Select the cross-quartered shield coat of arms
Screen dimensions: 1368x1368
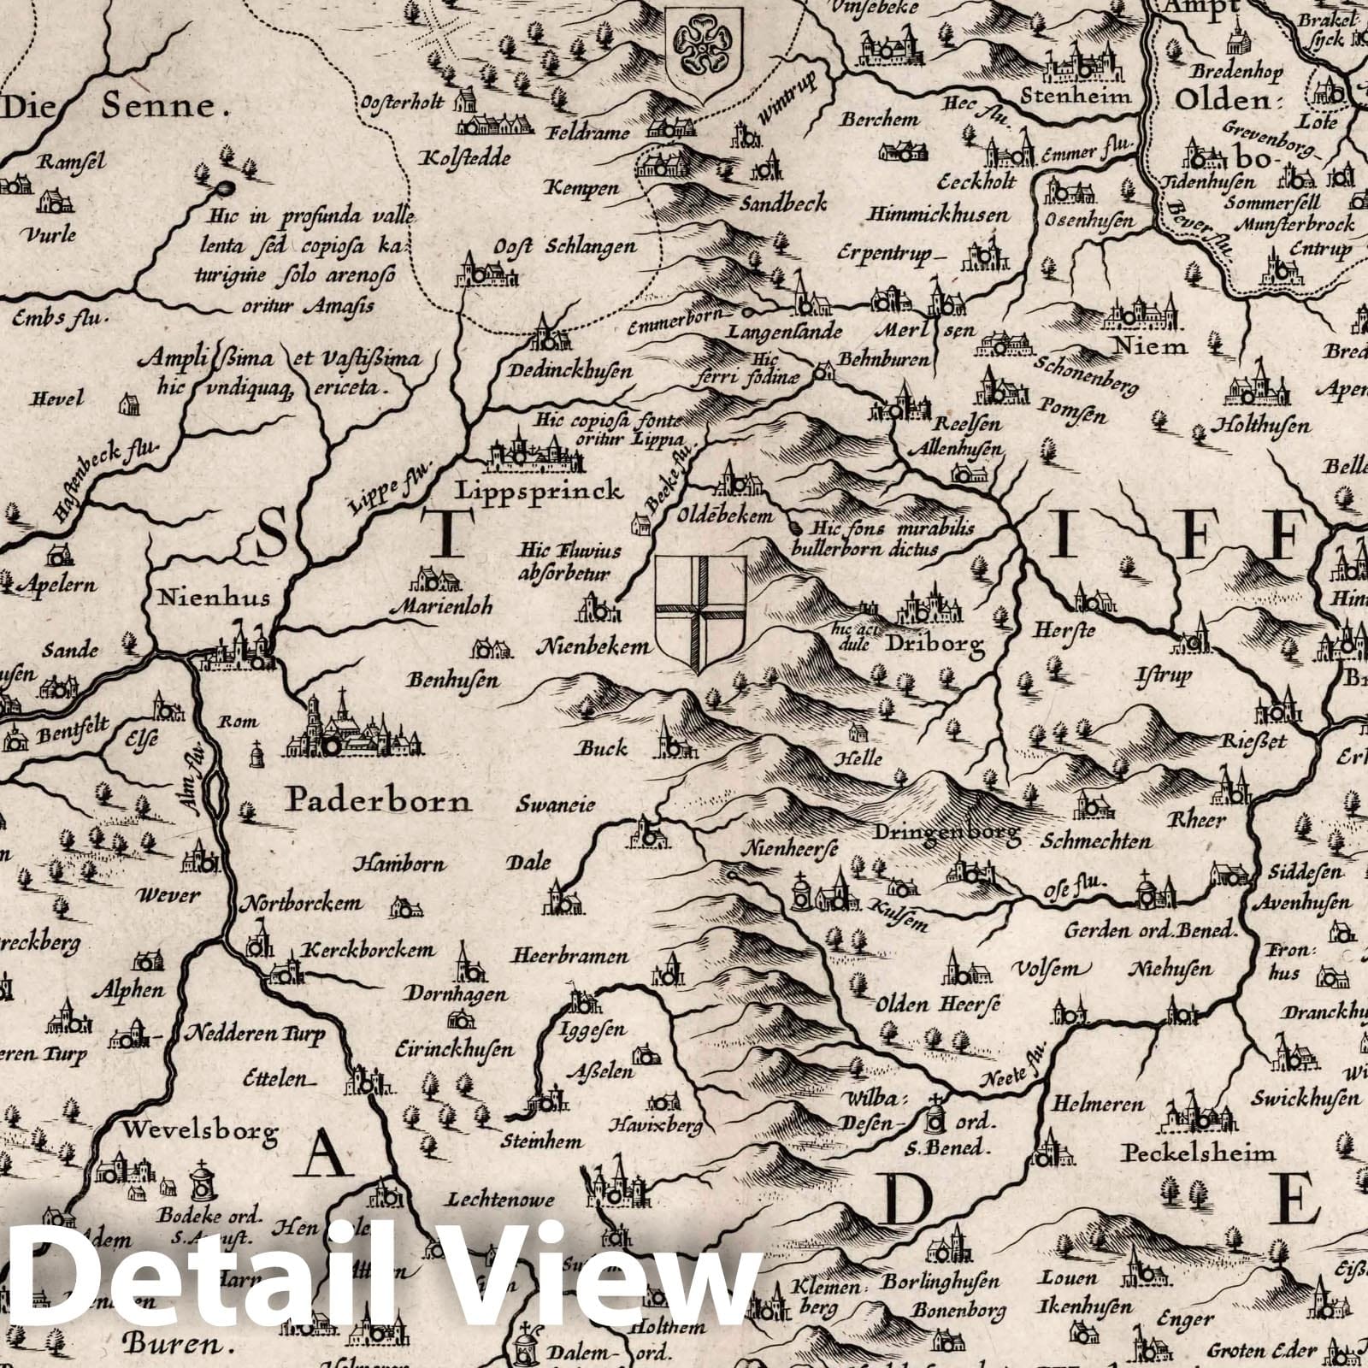[x=700, y=613]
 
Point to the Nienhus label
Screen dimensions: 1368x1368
[x=202, y=597]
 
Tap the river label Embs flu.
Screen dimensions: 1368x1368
[x=57, y=320]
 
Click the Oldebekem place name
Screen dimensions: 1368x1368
[x=726, y=516]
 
